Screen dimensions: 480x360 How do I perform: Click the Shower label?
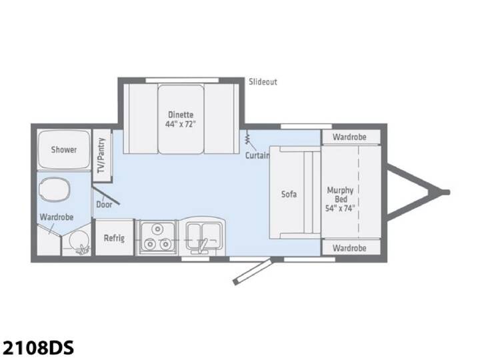64,150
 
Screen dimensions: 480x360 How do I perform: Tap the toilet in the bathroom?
55,189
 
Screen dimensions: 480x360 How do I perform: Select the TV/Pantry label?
101,155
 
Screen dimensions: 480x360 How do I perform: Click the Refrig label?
114,238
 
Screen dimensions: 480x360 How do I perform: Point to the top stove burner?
157,229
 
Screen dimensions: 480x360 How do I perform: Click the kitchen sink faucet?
202,245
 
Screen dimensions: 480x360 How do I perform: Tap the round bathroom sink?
79,239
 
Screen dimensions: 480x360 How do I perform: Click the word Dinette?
181,115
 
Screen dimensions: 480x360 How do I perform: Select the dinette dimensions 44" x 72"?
180,124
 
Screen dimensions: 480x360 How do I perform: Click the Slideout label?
263,82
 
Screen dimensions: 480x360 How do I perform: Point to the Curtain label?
257,155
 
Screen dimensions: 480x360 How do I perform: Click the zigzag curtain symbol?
248,139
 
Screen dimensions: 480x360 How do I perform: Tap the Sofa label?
289,194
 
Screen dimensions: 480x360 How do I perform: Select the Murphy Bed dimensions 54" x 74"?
340,209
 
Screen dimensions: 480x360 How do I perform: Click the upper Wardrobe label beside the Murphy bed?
349,137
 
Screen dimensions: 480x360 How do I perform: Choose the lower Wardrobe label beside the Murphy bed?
349,247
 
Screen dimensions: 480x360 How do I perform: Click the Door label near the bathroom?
104,205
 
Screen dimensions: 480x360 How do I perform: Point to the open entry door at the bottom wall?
252,271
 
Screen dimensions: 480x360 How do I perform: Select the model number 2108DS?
37,347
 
